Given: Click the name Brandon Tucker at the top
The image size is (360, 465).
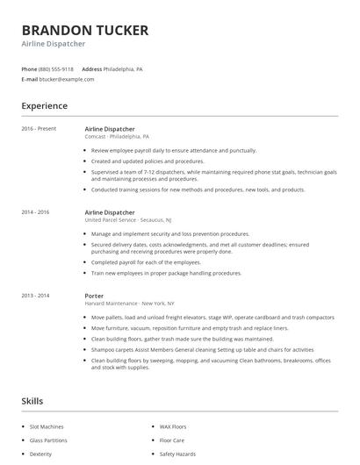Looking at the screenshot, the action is [x=85, y=30].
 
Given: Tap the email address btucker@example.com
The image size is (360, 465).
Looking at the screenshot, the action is [x=67, y=79].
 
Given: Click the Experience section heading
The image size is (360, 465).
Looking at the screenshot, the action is [x=44, y=106].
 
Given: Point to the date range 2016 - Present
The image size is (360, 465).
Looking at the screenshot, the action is [x=39, y=129].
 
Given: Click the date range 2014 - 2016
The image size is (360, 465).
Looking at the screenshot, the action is [x=35, y=212].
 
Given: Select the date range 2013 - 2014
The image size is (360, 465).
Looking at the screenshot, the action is [x=35, y=296].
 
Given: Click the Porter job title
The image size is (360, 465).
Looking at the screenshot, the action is [x=94, y=296].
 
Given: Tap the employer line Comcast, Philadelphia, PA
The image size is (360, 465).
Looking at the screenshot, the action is [x=117, y=137].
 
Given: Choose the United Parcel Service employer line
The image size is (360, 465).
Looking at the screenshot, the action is [x=127, y=220].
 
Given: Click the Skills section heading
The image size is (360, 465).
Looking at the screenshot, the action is [x=32, y=401].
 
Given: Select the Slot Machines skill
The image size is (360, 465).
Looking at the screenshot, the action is [x=47, y=426].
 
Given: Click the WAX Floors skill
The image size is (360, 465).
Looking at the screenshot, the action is [x=174, y=426].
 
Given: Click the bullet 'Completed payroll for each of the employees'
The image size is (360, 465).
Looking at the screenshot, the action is [x=146, y=262].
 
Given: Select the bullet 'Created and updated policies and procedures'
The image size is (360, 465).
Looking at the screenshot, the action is [x=148, y=161].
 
